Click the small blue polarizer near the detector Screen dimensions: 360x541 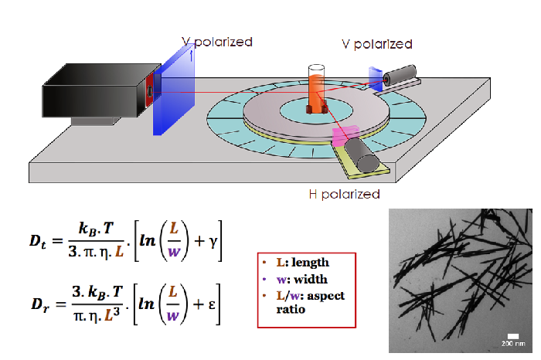pos(376,80)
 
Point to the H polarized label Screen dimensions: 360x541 pos(342,194)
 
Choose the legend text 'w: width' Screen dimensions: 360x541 pos(295,280)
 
